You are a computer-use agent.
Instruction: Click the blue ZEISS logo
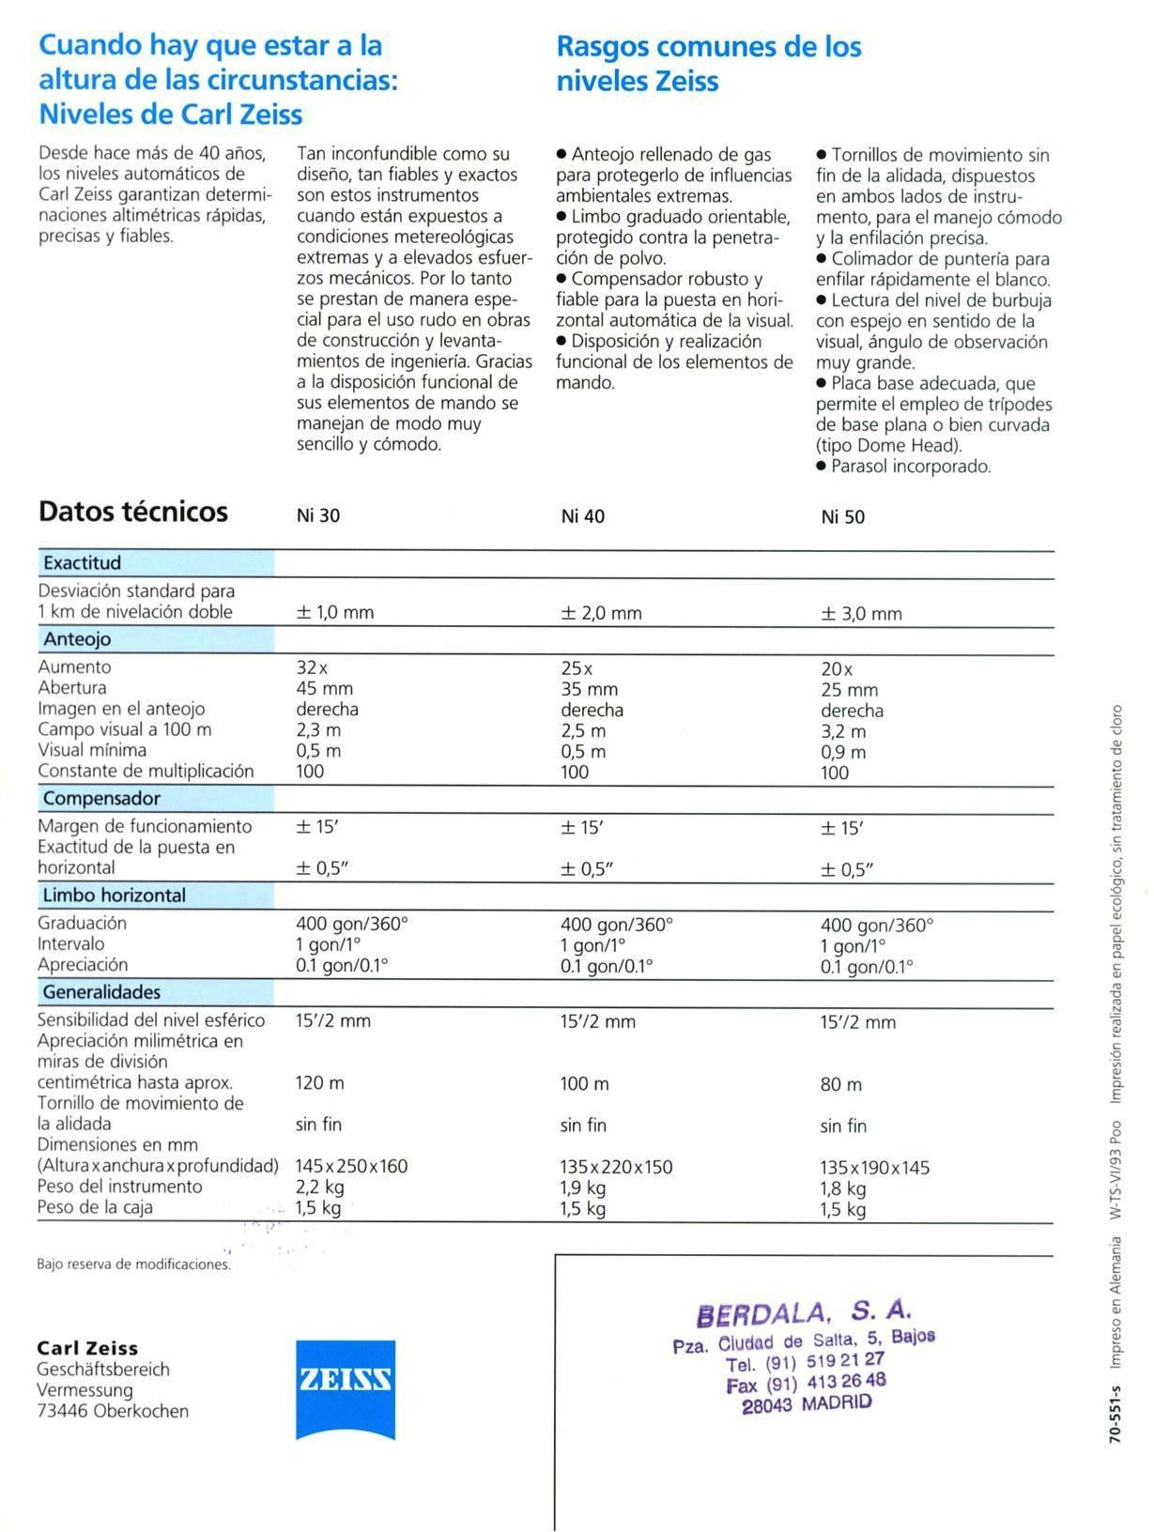pyautogui.click(x=345, y=1388)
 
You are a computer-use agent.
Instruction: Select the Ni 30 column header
pyautogui.click(x=318, y=515)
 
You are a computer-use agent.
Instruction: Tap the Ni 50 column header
pyautogui.click(x=842, y=516)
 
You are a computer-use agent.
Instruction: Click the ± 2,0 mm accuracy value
pyautogui.click(x=601, y=613)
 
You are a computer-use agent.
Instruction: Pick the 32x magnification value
pyautogui.click(x=312, y=667)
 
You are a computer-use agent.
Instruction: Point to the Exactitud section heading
pyautogui.click(x=82, y=563)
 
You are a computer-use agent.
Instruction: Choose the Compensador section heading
pyautogui.click(x=101, y=799)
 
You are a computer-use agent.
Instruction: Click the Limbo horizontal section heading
pyautogui.click(x=115, y=896)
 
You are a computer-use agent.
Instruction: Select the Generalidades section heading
pyautogui.click(x=101, y=992)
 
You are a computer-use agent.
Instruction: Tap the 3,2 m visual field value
pyautogui.click(x=843, y=731)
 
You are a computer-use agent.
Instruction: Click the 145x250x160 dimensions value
pyautogui.click(x=351, y=1166)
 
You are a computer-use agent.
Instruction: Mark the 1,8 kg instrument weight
pyautogui.click(x=843, y=1188)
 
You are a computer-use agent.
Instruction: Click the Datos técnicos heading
pyautogui.click(x=133, y=512)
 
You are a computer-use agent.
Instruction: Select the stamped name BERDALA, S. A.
pyautogui.click(x=804, y=1311)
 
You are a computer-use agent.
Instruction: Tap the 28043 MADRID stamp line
pyautogui.click(x=806, y=1403)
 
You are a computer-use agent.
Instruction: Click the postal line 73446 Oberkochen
pyautogui.click(x=113, y=1411)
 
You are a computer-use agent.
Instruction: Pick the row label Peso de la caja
pyautogui.click(x=95, y=1207)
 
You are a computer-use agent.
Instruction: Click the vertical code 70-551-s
pyautogui.click(x=1115, y=1412)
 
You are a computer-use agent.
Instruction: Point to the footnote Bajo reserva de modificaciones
pyautogui.click(x=133, y=1264)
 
